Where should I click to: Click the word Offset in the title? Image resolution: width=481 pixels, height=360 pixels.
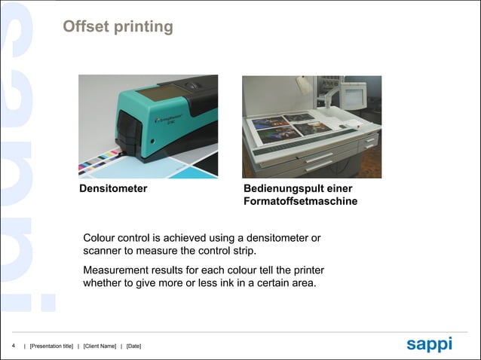pos(85,27)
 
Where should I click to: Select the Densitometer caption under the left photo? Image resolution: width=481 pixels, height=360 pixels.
pos(113,188)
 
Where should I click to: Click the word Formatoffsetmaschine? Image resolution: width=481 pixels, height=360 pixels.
pos(301,202)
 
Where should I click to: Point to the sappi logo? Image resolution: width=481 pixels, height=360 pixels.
pos(429,344)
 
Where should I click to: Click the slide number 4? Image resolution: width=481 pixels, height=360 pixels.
pos(14,345)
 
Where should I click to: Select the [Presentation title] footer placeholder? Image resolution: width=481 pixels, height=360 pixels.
pos(51,346)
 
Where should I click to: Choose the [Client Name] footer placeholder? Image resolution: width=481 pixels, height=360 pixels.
pos(100,346)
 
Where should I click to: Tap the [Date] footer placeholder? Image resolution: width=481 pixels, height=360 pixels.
pos(133,346)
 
